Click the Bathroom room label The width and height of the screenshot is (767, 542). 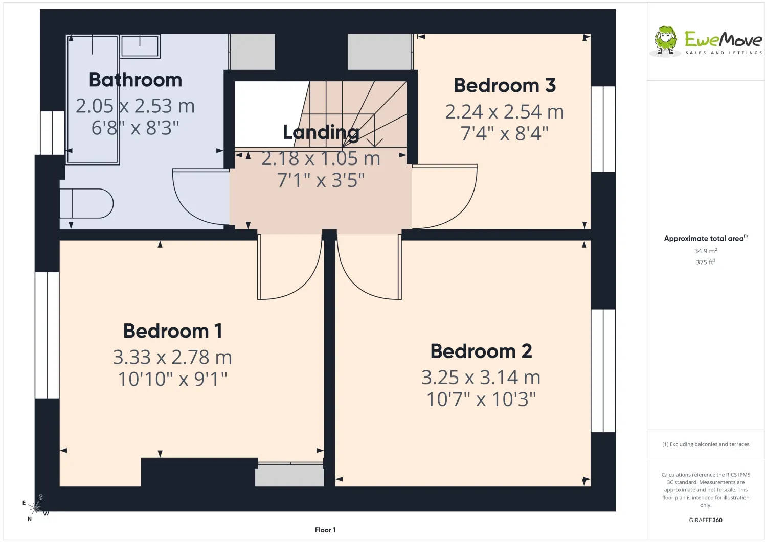click(x=136, y=80)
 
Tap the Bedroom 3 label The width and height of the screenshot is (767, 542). click(x=504, y=85)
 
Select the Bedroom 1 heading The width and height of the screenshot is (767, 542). click(x=173, y=331)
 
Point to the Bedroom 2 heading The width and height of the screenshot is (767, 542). click(x=481, y=351)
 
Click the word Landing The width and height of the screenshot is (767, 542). click(x=321, y=132)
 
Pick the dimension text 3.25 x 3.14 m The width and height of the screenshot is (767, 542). click(x=481, y=377)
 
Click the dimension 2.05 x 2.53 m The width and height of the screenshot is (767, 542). click(x=136, y=106)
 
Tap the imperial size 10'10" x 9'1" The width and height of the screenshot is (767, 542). click(x=173, y=379)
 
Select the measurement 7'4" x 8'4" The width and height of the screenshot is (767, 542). click(x=504, y=133)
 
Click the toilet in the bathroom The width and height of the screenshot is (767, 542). click(x=86, y=203)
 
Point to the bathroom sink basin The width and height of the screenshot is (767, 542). click(x=140, y=46)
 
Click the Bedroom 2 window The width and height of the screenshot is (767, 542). click(x=603, y=370)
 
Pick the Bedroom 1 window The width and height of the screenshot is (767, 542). click(x=47, y=335)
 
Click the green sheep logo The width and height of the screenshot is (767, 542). click(x=665, y=41)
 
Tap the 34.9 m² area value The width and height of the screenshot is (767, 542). click(x=706, y=251)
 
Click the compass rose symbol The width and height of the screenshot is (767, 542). click(x=36, y=507)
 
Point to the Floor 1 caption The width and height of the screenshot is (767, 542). click(x=325, y=530)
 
